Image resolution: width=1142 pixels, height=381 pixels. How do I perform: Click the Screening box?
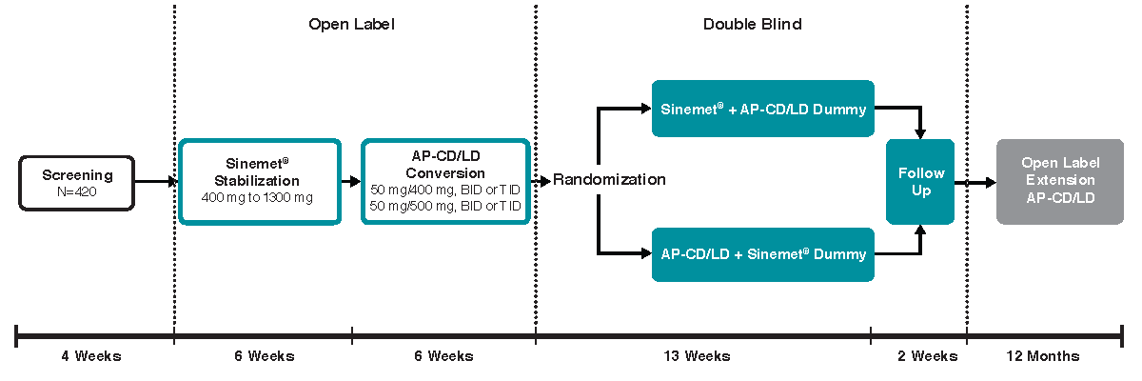click(x=77, y=182)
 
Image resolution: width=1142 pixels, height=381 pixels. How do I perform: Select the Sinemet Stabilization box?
click(x=259, y=181)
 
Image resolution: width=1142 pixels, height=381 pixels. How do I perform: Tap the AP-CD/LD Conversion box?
click(x=444, y=181)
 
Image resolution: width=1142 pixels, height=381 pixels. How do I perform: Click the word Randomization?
click(x=609, y=180)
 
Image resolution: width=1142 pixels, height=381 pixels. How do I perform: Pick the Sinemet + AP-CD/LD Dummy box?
click(x=762, y=109)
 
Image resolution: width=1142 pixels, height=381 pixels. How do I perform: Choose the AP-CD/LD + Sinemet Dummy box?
click(x=762, y=254)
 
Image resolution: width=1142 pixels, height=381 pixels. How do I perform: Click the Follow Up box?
click(x=920, y=181)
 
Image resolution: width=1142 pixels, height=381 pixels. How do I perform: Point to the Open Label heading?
click(x=351, y=24)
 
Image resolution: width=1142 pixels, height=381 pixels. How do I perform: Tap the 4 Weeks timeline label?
click(x=91, y=356)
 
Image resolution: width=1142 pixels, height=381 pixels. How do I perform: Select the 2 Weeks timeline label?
click(x=926, y=356)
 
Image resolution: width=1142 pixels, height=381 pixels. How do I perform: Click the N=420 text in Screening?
click(x=77, y=190)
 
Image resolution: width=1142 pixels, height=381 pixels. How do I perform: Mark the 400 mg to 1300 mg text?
click(x=259, y=197)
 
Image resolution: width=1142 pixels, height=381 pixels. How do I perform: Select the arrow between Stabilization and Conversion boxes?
click(x=350, y=181)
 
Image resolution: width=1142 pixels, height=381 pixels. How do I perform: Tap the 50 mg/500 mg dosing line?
click(x=444, y=206)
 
